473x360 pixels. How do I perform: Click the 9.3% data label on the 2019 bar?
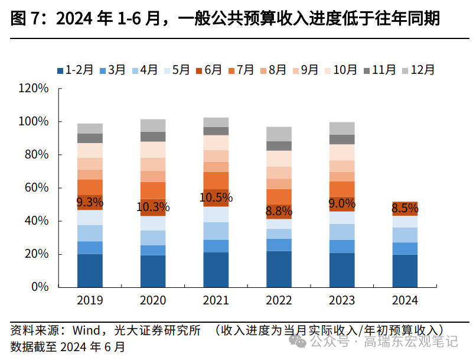90,202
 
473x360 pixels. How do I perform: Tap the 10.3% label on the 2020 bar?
153,207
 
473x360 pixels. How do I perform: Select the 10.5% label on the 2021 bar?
216,197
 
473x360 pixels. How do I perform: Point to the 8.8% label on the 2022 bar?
279,210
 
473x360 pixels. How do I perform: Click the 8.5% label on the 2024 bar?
405,208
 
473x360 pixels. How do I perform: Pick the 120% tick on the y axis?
33,89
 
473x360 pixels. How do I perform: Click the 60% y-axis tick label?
36,188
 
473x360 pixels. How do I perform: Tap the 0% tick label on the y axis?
40,287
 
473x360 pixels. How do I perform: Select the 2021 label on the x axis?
216,300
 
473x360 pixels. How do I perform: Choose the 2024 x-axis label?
405,300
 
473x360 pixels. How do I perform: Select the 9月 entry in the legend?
305,70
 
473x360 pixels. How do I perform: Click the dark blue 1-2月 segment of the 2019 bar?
90,270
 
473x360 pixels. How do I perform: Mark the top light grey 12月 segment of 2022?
279,134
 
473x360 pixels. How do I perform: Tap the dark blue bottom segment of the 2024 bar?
405,271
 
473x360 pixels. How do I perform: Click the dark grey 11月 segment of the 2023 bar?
342,140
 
